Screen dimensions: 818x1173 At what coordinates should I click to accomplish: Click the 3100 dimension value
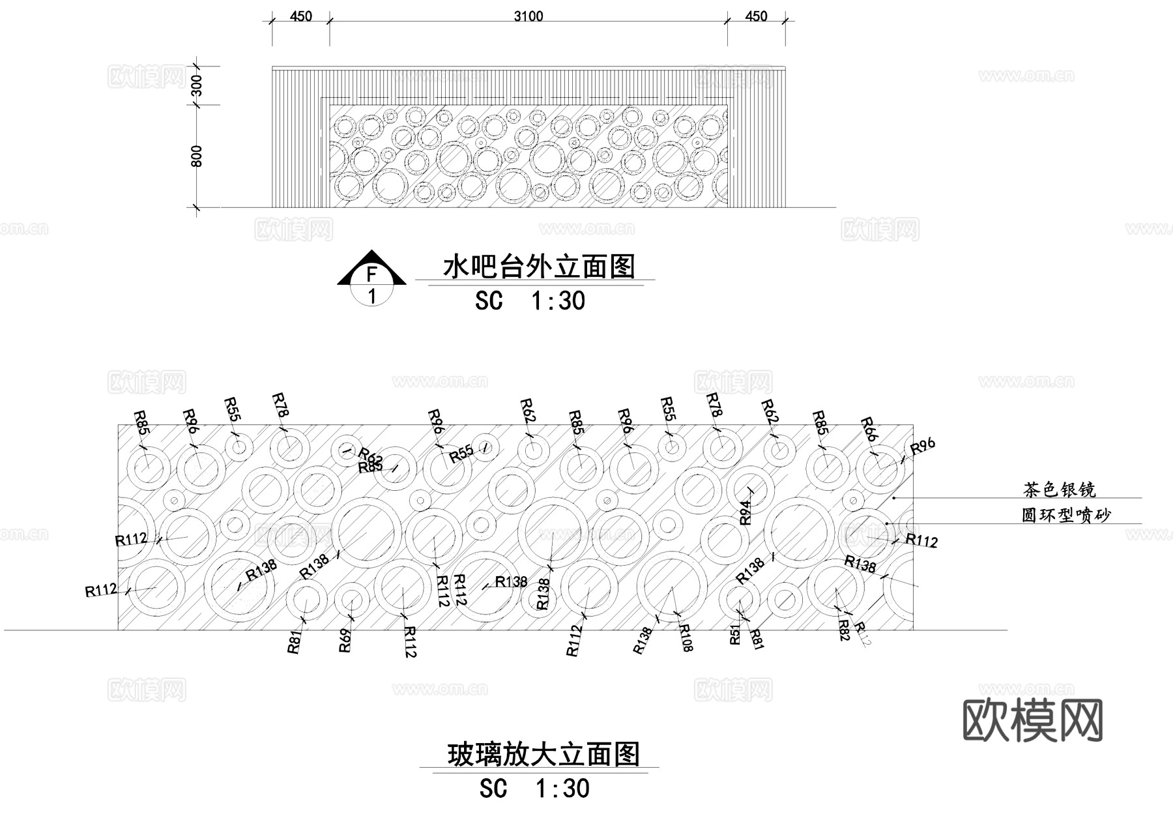(529, 16)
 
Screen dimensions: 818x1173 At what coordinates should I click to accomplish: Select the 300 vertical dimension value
(196, 85)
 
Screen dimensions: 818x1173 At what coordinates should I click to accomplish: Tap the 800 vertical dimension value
(196, 156)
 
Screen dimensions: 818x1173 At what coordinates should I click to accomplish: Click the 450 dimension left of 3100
(300, 16)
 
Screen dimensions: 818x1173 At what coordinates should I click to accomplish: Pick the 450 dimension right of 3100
(756, 16)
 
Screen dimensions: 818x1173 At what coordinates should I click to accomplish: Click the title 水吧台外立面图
(539, 267)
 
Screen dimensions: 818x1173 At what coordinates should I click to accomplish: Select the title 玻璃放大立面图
(543, 755)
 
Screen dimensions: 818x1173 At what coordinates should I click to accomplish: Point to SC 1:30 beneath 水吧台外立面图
(530, 301)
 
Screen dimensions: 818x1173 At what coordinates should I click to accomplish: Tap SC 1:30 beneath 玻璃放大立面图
(534, 789)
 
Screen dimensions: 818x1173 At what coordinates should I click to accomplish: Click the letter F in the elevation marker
(371, 274)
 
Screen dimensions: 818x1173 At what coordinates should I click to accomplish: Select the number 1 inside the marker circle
(372, 297)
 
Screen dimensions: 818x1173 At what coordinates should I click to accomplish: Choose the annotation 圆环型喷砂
(1065, 515)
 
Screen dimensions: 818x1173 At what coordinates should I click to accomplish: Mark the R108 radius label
(686, 637)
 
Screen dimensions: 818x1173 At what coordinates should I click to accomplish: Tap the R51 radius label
(735, 634)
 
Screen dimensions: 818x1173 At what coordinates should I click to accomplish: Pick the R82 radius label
(844, 630)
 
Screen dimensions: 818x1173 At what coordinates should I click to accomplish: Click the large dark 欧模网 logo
(1032, 721)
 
